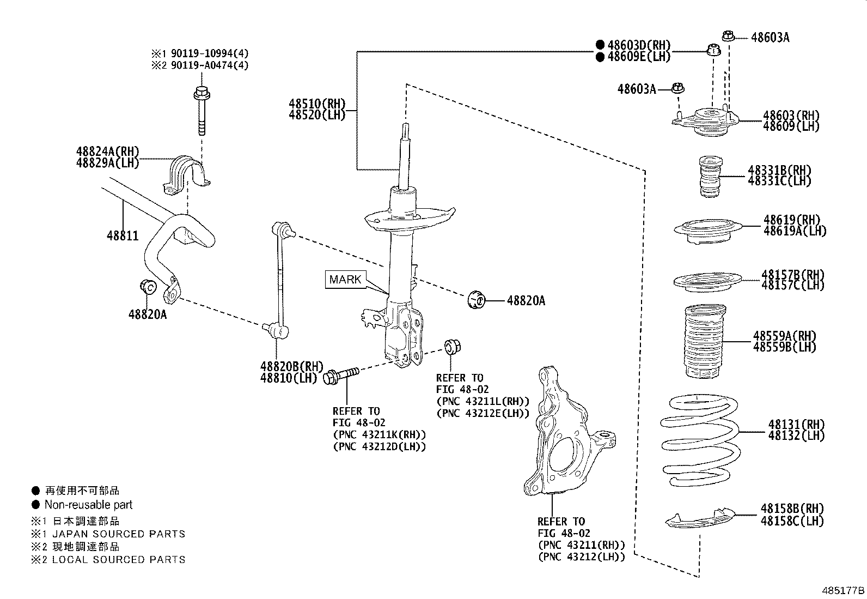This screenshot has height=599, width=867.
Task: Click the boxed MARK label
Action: tap(345, 280)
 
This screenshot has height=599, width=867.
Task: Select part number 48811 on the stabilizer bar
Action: tap(123, 236)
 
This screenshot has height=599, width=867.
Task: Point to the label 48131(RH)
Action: tap(796, 424)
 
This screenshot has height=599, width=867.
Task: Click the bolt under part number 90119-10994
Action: tap(201, 112)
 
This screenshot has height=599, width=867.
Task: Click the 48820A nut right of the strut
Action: tap(477, 299)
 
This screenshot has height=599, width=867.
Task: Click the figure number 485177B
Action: tap(843, 590)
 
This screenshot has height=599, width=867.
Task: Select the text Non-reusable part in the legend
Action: tap(88, 505)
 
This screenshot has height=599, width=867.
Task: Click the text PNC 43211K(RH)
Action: tap(379, 434)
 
